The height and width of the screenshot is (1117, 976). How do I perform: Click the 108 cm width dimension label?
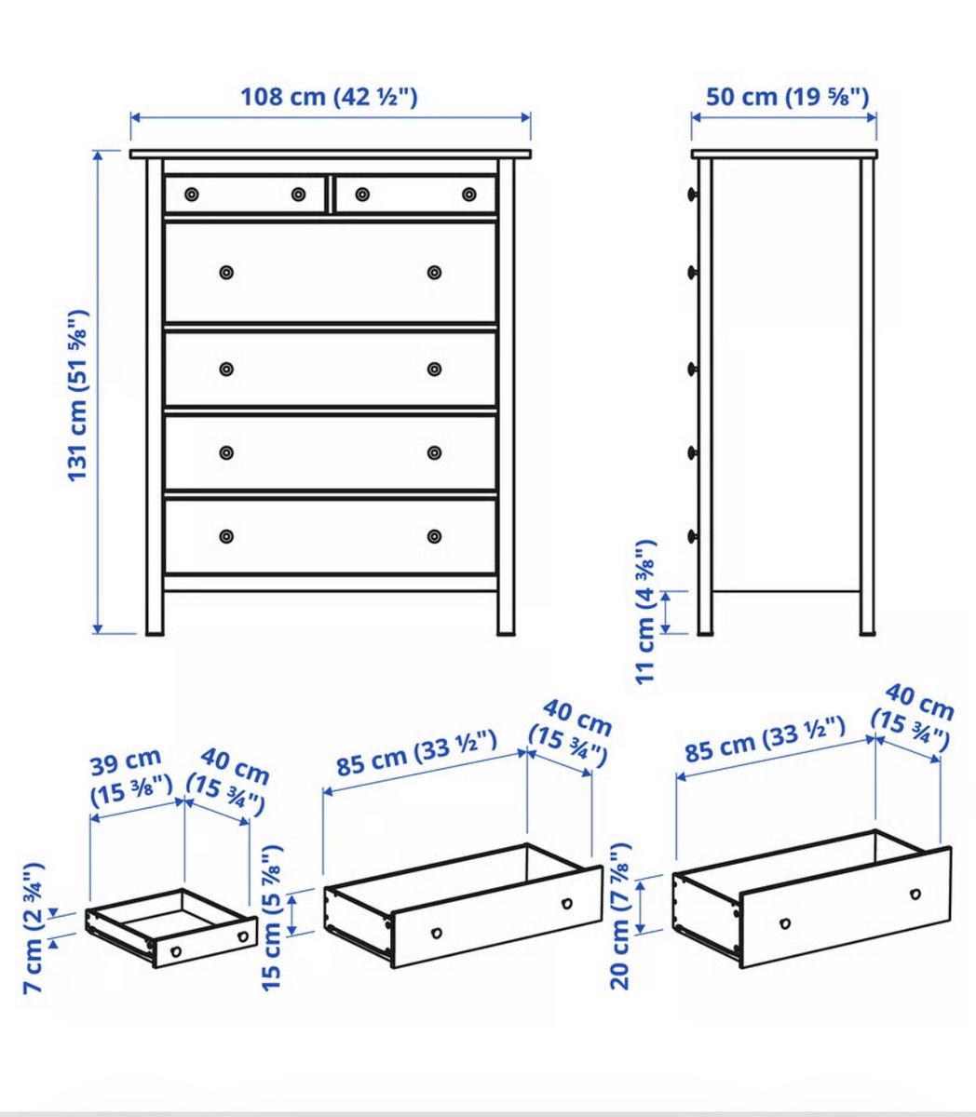coord(329,97)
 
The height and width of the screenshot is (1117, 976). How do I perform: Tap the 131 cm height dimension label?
coord(77,396)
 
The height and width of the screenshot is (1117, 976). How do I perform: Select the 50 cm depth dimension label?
coord(787,97)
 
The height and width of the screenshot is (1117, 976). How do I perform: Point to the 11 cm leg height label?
coord(645,612)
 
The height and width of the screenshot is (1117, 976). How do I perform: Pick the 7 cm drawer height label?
coord(34,928)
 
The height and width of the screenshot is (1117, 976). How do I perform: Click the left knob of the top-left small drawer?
coord(192,195)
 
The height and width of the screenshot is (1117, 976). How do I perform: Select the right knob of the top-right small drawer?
coord(469,195)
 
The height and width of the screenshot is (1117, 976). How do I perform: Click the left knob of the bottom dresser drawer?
coord(226,536)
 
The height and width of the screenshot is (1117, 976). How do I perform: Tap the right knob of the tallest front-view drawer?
coord(434,272)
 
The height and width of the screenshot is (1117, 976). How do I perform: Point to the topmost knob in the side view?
coord(692,194)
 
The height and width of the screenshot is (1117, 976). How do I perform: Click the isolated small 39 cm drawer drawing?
coord(171,929)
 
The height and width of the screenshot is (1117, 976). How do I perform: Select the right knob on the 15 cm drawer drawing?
coord(567,904)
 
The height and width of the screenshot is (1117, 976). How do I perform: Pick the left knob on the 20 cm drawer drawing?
coord(785,923)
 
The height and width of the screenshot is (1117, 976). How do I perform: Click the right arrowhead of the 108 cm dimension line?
coord(526,117)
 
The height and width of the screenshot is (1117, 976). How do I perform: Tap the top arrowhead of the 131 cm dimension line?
coord(98,156)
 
